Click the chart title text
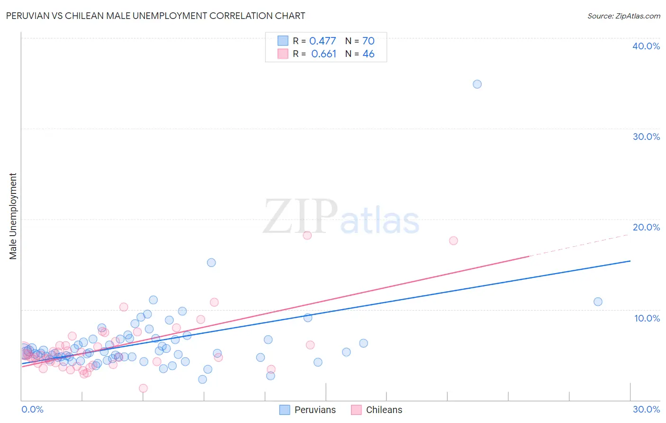(155, 16)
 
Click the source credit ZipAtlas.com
(623, 16)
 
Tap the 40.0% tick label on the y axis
(646, 46)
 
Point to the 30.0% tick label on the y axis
(646, 137)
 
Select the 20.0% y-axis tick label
(646, 227)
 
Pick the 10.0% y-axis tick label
(647, 318)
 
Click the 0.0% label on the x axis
(32, 409)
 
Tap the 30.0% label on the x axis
(646, 409)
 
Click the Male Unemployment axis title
(13, 216)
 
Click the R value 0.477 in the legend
(322, 41)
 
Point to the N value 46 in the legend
(368, 54)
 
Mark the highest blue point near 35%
(477, 84)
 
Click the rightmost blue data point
(598, 302)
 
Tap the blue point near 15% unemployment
(211, 263)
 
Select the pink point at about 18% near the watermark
(307, 235)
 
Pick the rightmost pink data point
(453, 240)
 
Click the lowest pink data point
(143, 388)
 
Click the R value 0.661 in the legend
(324, 54)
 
